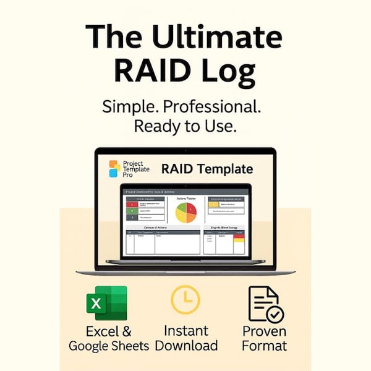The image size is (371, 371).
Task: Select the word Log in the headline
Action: pyautogui.click(x=231, y=71)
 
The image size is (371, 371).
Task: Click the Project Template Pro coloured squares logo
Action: pyautogui.click(x=114, y=169)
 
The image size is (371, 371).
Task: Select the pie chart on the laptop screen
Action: pyautogui.click(x=185, y=213)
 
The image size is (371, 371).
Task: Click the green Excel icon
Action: pyautogui.click(x=107, y=303)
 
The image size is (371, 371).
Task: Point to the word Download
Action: pyautogui.click(x=186, y=345)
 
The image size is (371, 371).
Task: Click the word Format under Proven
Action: pyautogui.click(x=265, y=345)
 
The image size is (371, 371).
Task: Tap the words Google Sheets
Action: pyautogui.click(x=109, y=346)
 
